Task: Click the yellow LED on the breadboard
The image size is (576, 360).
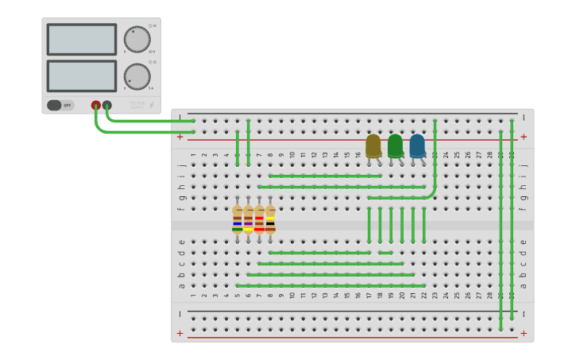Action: click(373, 145)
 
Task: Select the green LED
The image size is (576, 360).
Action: click(395, 145)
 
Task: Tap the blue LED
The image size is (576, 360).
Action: click(417, 145)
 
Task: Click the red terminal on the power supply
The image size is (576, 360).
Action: click(96, 105)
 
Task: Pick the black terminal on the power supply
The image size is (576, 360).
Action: click(107, 105)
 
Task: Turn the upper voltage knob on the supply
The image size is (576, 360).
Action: click(137, 40)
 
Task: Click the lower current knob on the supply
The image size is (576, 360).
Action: click(137, 77)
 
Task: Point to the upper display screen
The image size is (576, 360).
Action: click(81, 39)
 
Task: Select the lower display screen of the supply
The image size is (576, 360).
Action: click(81, 75)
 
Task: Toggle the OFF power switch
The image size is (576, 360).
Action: click(60, 105)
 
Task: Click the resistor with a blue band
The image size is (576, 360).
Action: click(237, 219)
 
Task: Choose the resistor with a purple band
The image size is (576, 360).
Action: click(248, 219)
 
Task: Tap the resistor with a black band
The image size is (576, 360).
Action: click(270, 219)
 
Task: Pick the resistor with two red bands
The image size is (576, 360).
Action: click(259, 219)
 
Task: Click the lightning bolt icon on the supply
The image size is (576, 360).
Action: click(152, 105)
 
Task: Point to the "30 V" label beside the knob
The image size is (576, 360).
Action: click(151, 52)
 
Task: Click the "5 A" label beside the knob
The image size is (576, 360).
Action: click(151, 88)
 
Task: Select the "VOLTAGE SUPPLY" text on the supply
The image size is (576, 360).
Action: click(137, 104)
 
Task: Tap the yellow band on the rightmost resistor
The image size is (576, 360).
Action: click(270, 218)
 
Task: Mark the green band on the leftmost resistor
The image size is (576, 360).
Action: click(237, 229)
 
